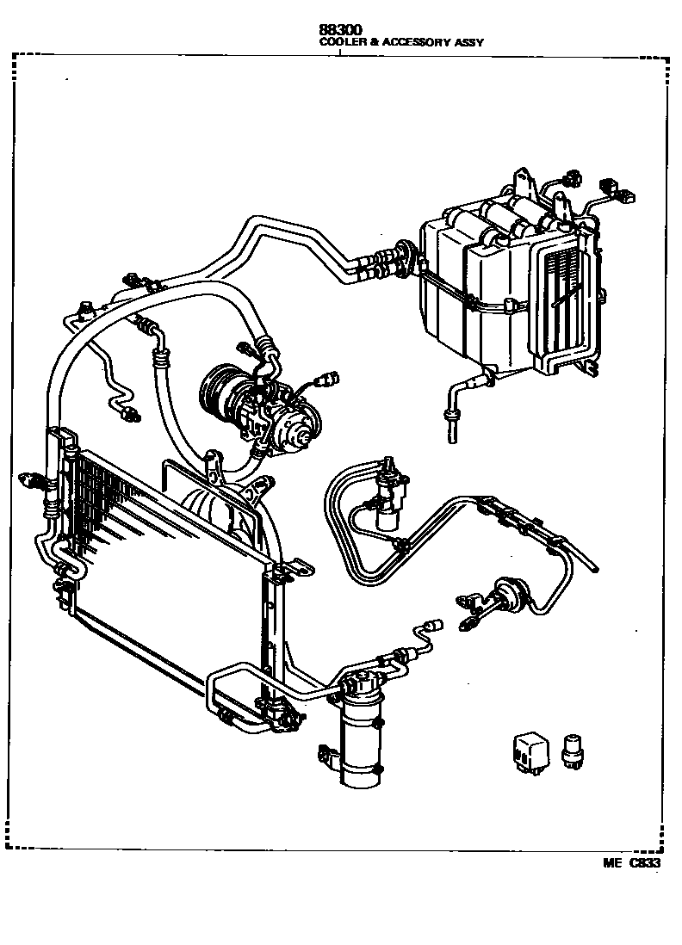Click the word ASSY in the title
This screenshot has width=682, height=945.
pyautogui.click(x=468, y=41)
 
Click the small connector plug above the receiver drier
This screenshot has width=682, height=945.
pyautogui.click(x=434, y=625)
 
